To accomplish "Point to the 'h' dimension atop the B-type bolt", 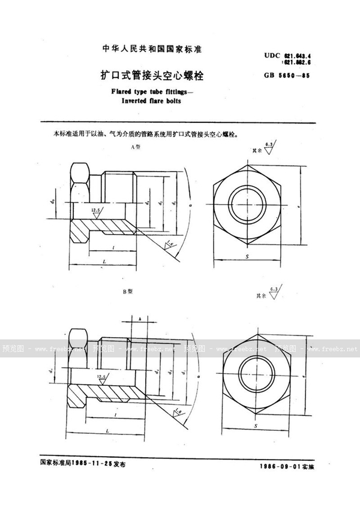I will point(139,318).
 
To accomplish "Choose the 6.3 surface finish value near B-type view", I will point(273,290).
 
